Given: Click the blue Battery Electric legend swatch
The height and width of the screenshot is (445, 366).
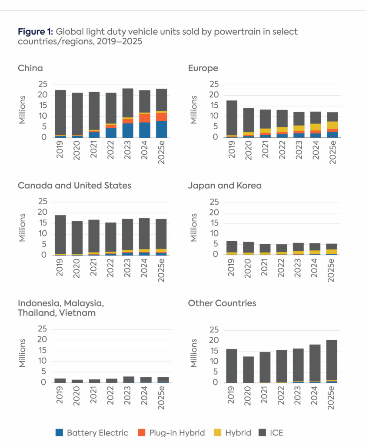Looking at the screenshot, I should (60, 432).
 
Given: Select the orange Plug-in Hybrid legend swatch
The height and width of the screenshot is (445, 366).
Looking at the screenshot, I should (142, 432).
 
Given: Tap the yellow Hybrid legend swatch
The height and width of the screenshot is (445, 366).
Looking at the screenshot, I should (218, 432).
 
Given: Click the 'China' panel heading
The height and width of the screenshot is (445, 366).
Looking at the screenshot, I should (30, 68).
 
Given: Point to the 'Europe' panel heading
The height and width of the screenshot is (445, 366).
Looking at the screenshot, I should (203, 68).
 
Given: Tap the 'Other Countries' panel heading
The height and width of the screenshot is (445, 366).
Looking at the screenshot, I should (222, 303).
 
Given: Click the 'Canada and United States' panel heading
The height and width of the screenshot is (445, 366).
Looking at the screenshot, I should (74, 186).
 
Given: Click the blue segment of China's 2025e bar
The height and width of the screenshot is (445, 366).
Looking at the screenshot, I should (162, 129).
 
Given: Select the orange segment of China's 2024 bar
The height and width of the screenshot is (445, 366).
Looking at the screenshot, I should (145, 118).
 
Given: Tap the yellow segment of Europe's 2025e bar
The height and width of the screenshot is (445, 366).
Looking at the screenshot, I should (333, 125).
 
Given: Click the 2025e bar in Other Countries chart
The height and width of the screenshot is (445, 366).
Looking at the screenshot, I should (332, 361).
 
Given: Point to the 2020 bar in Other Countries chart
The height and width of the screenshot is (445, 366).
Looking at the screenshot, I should (248, 369).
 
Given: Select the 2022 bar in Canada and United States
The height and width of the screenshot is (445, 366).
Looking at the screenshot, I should (111, 237).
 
